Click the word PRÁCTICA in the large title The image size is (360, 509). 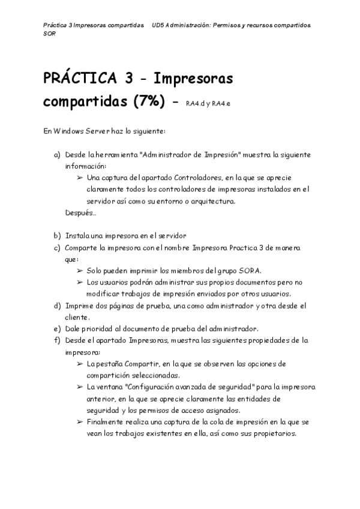[x=78, y=79]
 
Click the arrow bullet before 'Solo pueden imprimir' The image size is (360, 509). [x=80, y=270]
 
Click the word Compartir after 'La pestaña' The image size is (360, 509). [x=139, y=364]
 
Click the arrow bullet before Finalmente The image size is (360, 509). [x=80, y=422]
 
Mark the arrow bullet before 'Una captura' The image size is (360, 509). [x=80, y=178]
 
